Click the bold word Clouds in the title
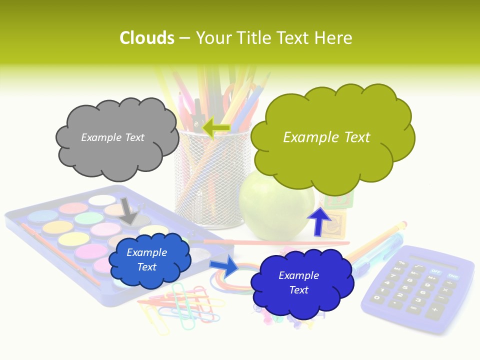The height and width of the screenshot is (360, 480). [147, 38]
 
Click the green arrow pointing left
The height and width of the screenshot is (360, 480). [216, 127]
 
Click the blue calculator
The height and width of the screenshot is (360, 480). [417, 290]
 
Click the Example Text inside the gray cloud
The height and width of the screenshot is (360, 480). [112, 137]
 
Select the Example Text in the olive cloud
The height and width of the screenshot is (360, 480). [326, 137]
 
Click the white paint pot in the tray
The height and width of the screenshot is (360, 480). [101, 200]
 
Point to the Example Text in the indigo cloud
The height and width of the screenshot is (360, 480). [298, 282]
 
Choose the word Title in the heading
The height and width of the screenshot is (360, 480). [252, 38]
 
